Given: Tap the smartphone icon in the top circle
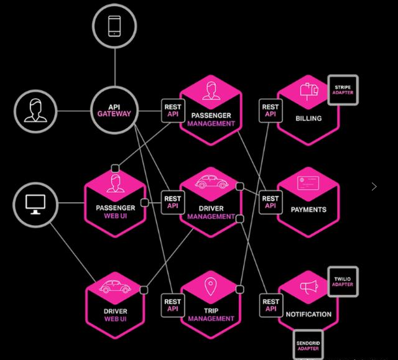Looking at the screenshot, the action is pos(114,26).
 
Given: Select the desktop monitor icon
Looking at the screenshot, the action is pos(35,205).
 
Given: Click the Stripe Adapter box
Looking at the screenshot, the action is pos(343,90).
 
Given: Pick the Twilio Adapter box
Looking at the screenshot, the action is pos(343,282).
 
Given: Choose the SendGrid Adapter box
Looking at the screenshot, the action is pos(308,345).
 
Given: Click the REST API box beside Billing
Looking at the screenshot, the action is pos(271,111).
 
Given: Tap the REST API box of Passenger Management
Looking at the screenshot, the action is pos(173,111).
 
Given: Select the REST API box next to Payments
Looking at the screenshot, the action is pos(271,202).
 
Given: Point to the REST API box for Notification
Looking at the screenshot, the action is pos(271,305).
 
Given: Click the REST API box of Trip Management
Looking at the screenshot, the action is pos(173,305).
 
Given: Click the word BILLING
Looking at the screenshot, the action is pos(308,119).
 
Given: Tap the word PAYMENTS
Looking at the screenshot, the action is pos(308,210).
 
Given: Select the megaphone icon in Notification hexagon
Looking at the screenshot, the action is pos(309,287).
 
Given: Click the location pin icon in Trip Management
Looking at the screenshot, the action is pos(210,287).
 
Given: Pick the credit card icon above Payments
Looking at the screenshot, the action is pos(308,183).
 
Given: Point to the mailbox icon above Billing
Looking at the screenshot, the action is pos(309,91).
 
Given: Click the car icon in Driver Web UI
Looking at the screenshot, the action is pos(115,287).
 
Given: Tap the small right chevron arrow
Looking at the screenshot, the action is pos(374,187).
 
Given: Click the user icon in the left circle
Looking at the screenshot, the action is pos(35,110).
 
